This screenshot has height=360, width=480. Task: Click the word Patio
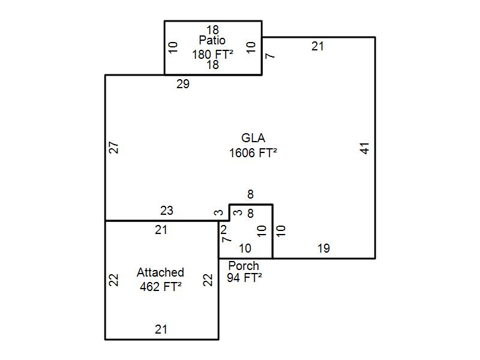click(x=212, y=41)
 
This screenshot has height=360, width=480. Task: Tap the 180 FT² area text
click(x=212, y=55)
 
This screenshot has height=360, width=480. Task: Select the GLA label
click(x=253, y=139)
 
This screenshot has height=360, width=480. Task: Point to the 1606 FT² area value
click(x=253, y=153)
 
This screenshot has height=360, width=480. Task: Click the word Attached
click(x=160, y=272)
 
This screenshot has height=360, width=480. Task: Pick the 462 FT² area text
click(x=160, y=286)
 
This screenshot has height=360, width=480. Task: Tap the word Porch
click(x=244, y=266)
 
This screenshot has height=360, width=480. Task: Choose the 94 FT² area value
click(x=244, y=278)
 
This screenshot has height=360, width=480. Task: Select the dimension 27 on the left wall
click(x=114, y=148)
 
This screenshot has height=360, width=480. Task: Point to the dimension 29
click(x=183, y=85)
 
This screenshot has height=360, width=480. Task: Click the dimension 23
click(x=166, y=211)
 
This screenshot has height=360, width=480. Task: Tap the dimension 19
click(x=323, y=248)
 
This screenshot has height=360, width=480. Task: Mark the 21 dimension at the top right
click(x=317, y=46)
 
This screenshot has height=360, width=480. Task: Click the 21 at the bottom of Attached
click(x=161, y=329)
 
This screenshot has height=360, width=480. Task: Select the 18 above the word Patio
click(x=212, y=29)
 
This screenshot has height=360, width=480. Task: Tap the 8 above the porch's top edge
click(x=250, y=194)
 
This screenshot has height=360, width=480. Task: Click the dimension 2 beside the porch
click(x=224, y=229)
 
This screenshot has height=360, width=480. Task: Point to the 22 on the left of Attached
click(x=114, y=280)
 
